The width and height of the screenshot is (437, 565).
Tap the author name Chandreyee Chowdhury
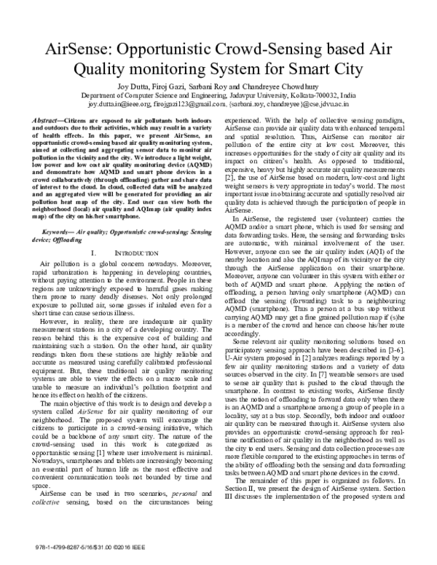point(291,87)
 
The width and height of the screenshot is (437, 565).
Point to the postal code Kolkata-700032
point(318,95)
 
